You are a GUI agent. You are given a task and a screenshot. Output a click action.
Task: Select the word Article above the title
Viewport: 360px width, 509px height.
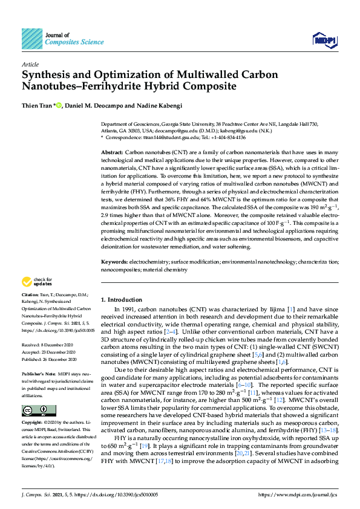point(30,63)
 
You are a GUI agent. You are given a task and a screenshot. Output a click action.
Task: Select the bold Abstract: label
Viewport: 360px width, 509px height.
point(112,154)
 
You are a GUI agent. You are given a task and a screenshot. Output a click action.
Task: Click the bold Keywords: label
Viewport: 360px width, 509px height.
point(114,262)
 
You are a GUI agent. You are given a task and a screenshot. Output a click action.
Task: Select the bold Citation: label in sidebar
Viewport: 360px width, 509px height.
point(31,294)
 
